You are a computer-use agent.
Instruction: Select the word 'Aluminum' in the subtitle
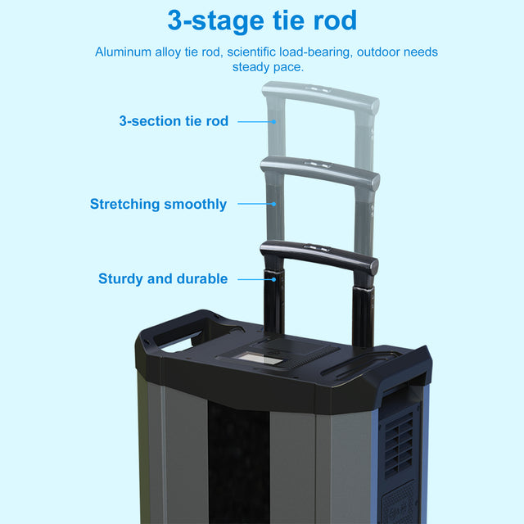[x=121, y=52]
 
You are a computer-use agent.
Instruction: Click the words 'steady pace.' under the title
[x=268, y=66]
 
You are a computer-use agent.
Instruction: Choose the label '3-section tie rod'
[x=174, y=121]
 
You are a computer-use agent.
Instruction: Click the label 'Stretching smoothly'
[x=158, y=204]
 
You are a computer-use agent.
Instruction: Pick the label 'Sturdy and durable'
[x=163, y=278]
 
